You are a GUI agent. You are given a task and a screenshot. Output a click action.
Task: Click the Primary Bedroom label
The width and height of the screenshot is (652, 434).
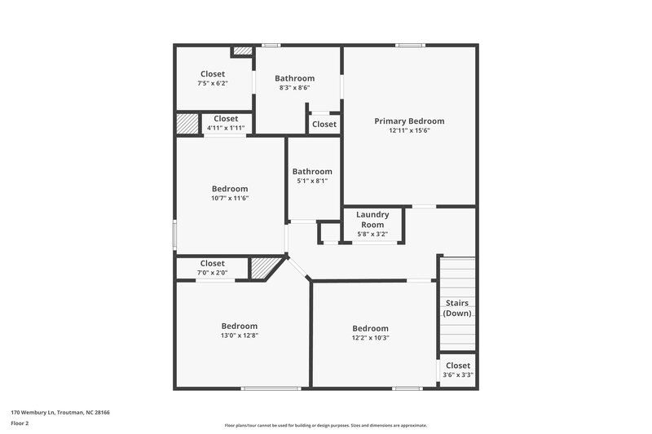point(409,121)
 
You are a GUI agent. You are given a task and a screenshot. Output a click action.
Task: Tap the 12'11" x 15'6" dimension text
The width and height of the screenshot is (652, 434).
point(409,131)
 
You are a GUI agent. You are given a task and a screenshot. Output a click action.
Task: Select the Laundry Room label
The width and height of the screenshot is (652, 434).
point(372,220)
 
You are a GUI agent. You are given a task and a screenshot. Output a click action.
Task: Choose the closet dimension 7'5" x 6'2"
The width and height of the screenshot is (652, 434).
point(213,84)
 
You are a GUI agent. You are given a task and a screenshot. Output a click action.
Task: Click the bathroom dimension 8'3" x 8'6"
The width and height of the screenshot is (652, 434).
point(294,88)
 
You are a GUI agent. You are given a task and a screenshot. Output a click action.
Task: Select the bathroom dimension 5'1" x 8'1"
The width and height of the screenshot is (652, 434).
point(312,181)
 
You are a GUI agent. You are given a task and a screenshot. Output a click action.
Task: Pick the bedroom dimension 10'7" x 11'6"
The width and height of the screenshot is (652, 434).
point(229,198)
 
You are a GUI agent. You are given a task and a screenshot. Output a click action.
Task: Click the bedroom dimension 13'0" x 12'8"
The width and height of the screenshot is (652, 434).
point(240,335)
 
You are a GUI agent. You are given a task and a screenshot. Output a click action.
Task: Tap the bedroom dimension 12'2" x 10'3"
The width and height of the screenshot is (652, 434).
point(370,338)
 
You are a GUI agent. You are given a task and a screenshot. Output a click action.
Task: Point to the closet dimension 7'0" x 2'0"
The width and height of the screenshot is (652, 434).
point(212,273)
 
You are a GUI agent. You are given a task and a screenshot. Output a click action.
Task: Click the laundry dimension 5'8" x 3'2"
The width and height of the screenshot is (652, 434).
point(372,235)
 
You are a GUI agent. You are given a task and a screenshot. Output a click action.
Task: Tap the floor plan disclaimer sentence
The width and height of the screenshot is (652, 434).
point(326,425)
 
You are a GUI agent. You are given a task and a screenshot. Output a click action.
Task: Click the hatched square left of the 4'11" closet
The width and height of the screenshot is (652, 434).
point(187,124)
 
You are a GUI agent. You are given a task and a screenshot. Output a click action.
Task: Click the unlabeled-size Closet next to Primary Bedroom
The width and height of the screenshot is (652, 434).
point(324,125)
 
